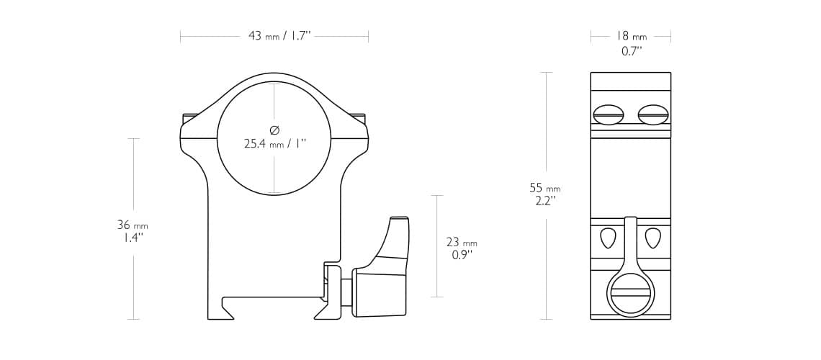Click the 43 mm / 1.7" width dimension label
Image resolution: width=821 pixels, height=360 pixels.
[279, 36]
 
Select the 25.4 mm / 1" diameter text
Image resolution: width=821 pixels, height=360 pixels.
[274, 144]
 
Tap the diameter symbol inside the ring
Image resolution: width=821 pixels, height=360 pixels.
[274, 130]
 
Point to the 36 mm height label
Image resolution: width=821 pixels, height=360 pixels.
[133, 225]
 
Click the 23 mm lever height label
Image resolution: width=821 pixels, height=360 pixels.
[462, 243]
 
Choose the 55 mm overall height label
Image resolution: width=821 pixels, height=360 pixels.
[544, 188]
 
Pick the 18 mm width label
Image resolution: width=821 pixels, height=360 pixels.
[631, 36]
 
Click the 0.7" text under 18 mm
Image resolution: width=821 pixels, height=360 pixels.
[632, 51]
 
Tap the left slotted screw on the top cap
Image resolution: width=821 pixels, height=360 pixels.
[609, 114]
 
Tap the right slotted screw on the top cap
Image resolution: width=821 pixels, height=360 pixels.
[653, 114]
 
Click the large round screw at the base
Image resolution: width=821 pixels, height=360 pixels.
[631, 294]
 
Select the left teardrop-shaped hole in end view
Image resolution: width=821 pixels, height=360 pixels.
[609, 237]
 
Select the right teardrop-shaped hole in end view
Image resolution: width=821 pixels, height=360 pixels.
[653, 237]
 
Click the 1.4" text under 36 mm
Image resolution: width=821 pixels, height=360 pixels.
[133, 238]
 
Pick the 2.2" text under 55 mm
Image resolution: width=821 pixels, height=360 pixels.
[545, 201]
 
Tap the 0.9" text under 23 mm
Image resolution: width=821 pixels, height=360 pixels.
[462, 255]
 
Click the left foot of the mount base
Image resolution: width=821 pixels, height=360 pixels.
[220, 311]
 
